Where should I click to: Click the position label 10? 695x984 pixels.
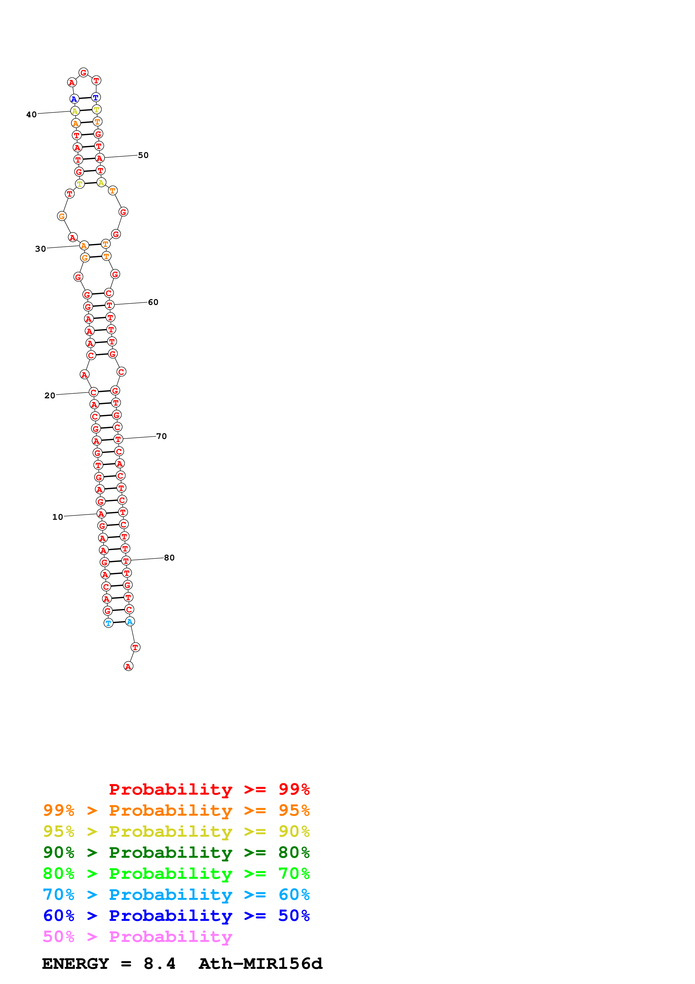(57, 517)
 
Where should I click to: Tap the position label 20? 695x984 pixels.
(50, 396)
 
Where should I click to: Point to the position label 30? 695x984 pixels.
(40, 249)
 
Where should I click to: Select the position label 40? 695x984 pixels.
(31, 115)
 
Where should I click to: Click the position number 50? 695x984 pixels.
(143, 155)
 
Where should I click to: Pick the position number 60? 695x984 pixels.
(153, 302)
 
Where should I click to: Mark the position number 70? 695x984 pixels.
(161, 436)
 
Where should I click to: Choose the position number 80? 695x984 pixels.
(169, 558)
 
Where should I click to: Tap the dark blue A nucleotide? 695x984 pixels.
(74, 99)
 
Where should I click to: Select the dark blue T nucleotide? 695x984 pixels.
(96, 97)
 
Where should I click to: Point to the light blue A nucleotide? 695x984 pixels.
(130, 621)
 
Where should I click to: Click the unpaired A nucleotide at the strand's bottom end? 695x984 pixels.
(128, 666)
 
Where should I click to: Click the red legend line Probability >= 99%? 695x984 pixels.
(209, 789)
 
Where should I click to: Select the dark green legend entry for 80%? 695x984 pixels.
(176, 852)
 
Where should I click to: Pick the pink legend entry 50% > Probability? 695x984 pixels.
(137, 937)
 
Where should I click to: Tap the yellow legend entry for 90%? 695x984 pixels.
(176, 831)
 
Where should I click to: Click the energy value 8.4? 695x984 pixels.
(159, 964)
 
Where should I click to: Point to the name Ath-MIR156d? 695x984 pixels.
(260, 964)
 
